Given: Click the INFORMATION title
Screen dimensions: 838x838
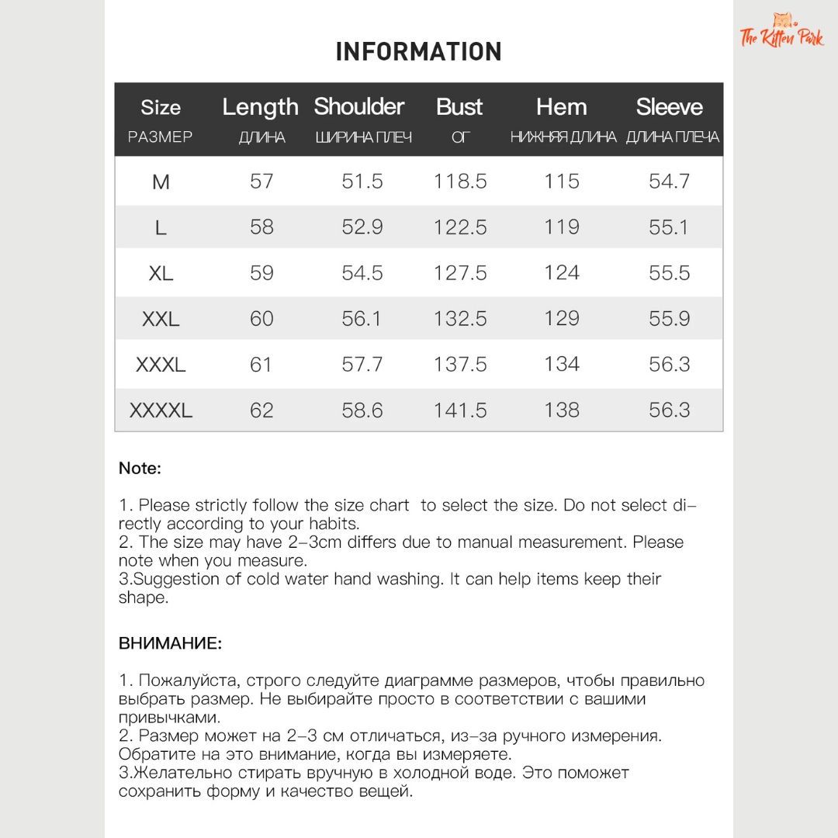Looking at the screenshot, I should tap(418, 52).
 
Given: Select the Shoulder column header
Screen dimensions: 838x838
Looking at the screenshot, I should tap(359, 107).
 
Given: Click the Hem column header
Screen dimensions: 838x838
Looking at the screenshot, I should tap(562, 107).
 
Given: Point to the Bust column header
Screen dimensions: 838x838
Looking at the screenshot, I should tap(459, 107).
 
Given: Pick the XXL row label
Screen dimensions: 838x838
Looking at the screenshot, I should tap(161, 319).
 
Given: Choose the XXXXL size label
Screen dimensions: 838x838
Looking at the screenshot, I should tap(161, 410).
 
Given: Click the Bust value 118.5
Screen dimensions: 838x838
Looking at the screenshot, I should tap(460, 182).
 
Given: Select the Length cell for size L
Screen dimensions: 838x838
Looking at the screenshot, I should tap(261, 227).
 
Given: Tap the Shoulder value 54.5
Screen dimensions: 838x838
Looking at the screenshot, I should tap(362, 273).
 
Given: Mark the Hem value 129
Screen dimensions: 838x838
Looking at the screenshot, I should tap(562, 319).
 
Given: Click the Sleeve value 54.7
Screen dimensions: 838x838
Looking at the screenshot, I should tap(669, 182).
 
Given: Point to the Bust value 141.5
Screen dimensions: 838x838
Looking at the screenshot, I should tap(460, 410).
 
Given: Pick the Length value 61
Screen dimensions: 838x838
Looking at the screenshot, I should tap(261, 365).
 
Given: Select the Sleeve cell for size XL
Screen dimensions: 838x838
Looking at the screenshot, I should tap(669, 273).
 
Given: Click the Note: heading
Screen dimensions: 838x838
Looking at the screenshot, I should tap(140, 469).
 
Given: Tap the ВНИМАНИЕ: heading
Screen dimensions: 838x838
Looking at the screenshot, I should tap(170, 644).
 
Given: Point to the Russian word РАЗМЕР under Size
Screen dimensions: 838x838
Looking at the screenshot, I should tap(160, 137).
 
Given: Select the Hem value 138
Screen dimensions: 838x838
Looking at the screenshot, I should tap(562, 410).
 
